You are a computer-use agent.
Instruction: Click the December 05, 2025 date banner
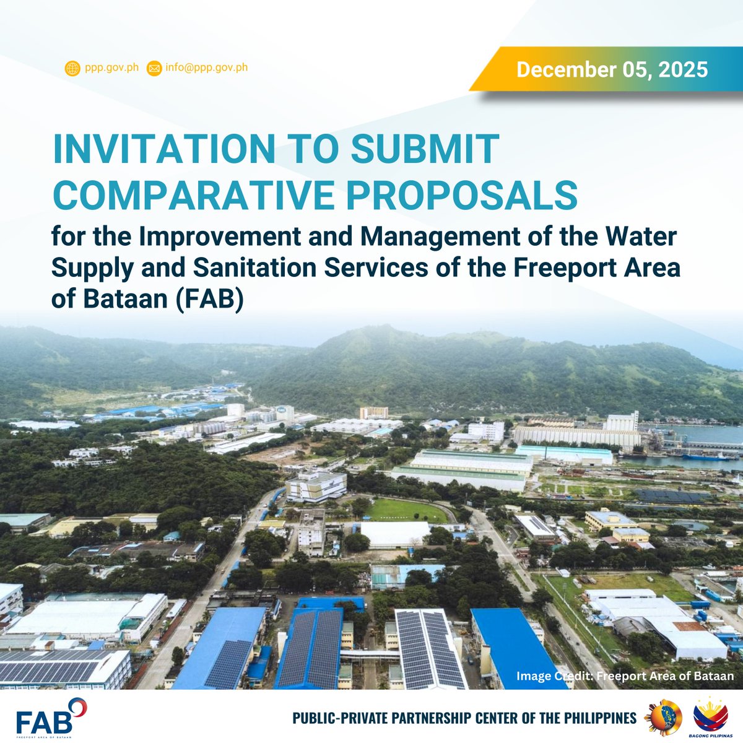pos(612,69)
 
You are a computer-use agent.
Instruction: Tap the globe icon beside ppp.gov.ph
pos(72,68)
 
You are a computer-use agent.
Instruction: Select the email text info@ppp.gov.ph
pos(206,67)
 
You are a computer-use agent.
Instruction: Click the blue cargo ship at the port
pos(706,458)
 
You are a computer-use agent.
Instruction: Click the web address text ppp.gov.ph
pos(112,67)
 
